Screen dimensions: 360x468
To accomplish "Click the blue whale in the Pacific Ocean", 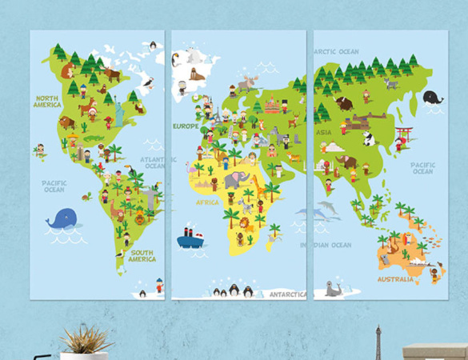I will [x=62, y=218].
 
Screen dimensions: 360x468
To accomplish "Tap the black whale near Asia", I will [x=433, y=97].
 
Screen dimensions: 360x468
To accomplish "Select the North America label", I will [x=46, y=102].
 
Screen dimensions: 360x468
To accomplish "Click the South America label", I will [x=142, y=256].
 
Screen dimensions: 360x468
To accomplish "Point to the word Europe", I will [x=185, y=126].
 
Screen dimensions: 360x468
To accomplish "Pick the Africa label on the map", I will [x=206, y=202].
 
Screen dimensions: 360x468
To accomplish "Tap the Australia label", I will [x=396, y=279].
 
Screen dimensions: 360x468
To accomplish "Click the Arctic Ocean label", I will [x=336, y=52].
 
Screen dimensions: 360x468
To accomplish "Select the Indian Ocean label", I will [x=326, y=245].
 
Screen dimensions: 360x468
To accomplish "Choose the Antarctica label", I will [x=287, y=294].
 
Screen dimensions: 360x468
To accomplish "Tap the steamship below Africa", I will [x=190, y=237].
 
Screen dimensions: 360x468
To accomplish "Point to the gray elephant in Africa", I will [x=233, y=180].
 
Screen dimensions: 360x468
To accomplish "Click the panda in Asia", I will [x=369, y=139].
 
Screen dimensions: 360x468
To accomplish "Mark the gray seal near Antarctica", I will [x=333, y=290].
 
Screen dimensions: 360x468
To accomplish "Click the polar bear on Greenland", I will [x=192, y=57].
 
